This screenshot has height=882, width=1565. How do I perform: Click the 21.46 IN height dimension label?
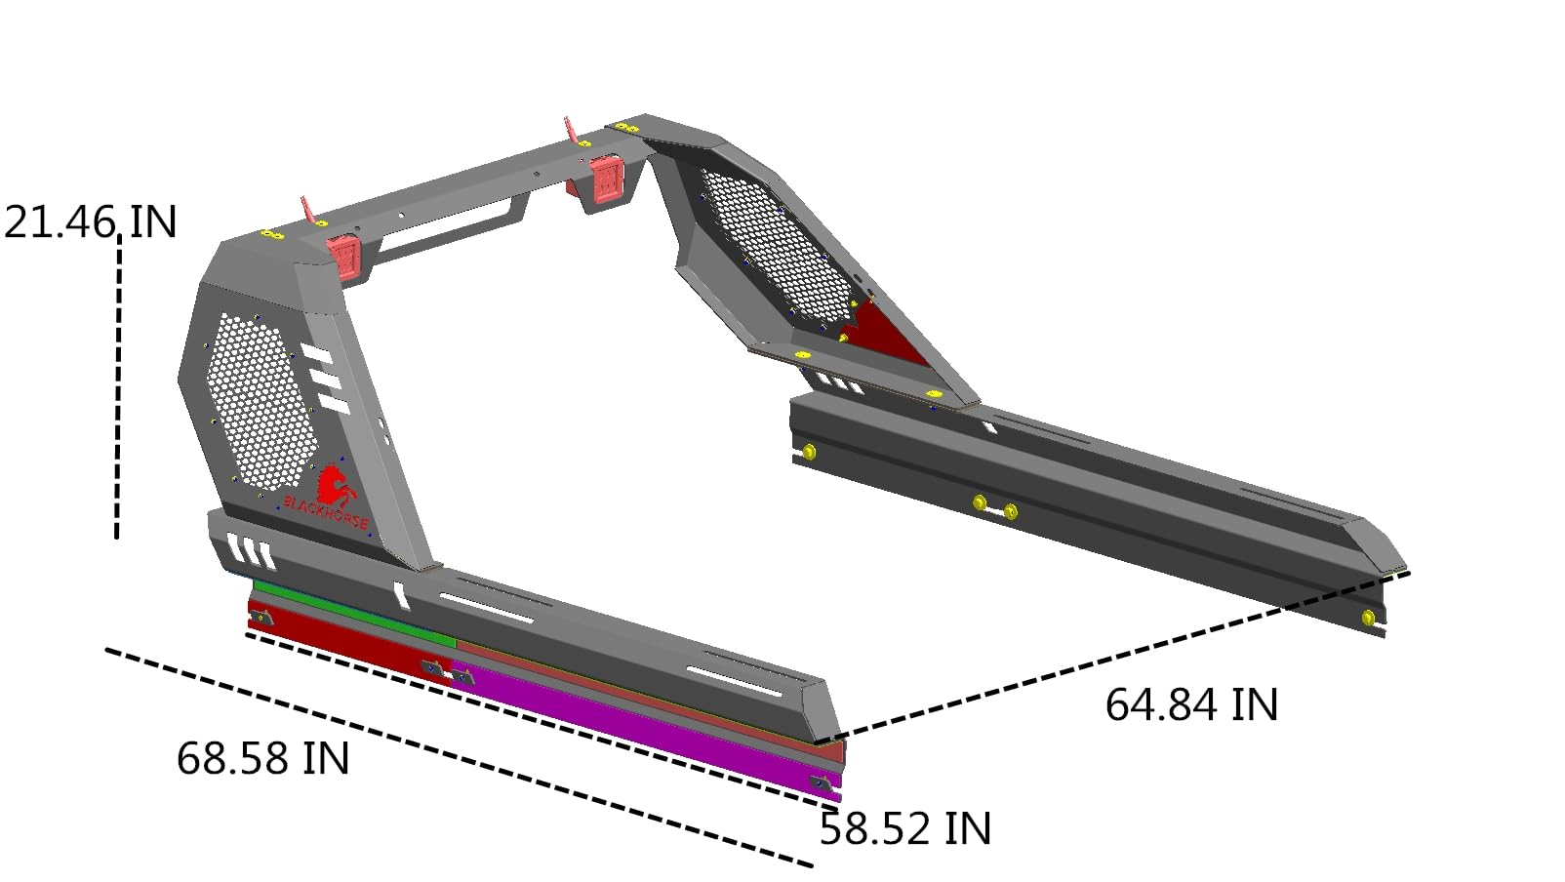click(x=90, y=222)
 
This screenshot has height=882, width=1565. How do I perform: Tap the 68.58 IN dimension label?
click(x=262, y=758)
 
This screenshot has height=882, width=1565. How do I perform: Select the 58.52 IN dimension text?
click(x=905, y=829)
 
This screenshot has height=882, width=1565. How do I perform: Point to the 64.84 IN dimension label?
click(x=1192, y=703)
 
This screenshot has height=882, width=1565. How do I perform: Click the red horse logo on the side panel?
click(x=335, y=486)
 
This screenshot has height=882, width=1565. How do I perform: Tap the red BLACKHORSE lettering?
click(x=326, y=512)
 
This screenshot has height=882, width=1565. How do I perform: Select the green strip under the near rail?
click(x=354, y=612)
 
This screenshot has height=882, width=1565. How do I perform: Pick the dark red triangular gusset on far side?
click(x=885, y=334)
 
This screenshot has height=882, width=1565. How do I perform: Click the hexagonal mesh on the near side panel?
click(x=261, y=402)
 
